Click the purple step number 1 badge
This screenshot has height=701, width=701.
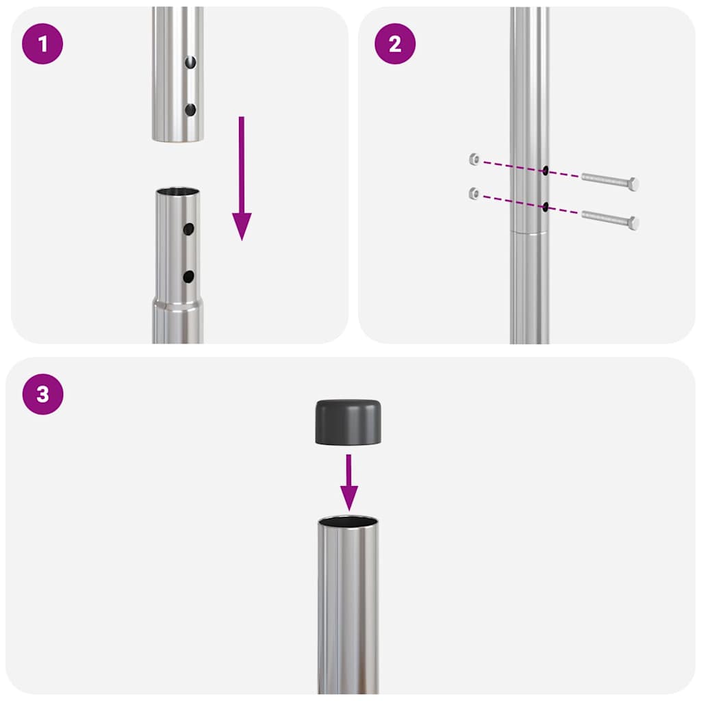point(42,44)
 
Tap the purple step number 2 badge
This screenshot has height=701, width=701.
point(394,44)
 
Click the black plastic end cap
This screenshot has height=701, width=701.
point(348,422)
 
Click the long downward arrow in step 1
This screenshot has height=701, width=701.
point(242,178)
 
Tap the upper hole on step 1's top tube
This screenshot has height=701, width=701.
point(192,63)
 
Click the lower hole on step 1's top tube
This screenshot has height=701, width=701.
point(190,110)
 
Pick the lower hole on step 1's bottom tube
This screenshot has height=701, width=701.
point(188,277)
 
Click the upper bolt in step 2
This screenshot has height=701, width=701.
point(610,182)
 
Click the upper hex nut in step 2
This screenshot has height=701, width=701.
point(474,160)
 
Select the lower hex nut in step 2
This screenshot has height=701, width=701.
point(474,194)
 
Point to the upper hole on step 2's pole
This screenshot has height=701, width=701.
point(545,171)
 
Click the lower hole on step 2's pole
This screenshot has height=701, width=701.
point(545,207)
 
